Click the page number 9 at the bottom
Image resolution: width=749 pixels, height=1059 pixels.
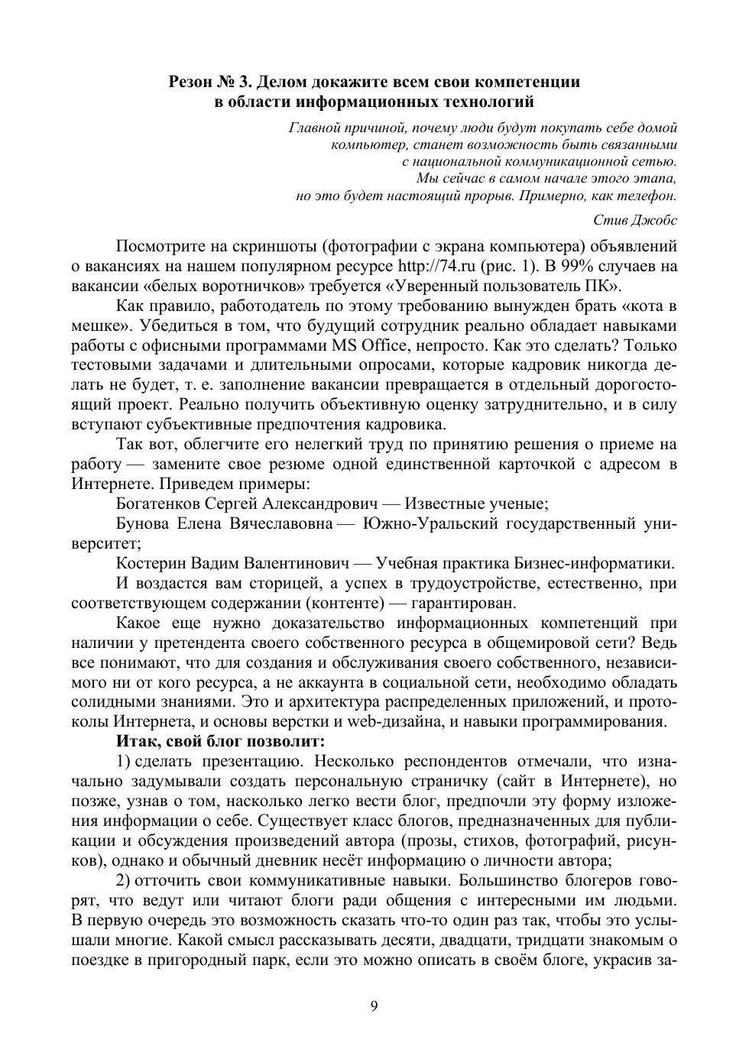point(374,1006)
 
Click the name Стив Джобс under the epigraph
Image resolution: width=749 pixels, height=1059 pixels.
point(635,220)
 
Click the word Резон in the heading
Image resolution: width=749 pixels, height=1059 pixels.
point(193,82)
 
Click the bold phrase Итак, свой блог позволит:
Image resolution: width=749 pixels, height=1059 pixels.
point(221,742)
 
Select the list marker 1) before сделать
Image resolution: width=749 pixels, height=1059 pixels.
point(125,762)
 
